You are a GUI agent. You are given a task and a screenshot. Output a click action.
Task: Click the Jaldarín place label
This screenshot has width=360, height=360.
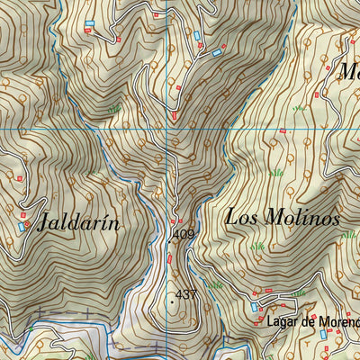coord(78,224)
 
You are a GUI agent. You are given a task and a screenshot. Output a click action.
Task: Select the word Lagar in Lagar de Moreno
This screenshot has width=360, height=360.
coord(282,322)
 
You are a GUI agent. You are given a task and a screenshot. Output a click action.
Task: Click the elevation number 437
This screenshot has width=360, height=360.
coord(186,294)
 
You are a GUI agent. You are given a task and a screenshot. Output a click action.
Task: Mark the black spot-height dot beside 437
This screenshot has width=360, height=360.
coord(172,302)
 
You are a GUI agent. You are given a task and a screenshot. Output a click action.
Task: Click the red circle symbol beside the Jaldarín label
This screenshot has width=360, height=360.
coord(28,221)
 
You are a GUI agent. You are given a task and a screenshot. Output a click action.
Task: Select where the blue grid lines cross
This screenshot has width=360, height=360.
coord(168,129)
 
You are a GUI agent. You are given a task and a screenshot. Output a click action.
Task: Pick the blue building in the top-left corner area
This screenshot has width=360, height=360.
coord(89,22)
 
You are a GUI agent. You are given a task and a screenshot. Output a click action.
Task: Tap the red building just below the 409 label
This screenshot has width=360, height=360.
coord(169,259)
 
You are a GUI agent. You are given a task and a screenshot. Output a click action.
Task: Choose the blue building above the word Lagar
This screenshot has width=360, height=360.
coord(255,307)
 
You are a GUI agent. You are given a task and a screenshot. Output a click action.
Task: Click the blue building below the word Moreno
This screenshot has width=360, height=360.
coord(323,335)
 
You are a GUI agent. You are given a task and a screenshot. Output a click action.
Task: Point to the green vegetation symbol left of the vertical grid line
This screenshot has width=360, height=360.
coord(114,109)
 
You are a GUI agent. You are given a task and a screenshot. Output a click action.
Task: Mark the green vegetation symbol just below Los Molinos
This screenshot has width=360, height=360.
coord(258,245)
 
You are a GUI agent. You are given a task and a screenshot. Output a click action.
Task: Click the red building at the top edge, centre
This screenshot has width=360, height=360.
coord(157,15)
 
